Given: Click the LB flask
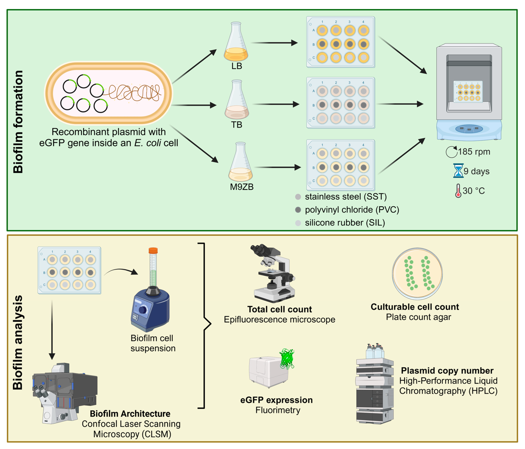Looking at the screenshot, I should pos(236,43).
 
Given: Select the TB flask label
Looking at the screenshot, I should pos(236,125).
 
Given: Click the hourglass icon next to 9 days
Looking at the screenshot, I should pos(458,171).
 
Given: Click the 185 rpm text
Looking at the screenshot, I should pos(474,152).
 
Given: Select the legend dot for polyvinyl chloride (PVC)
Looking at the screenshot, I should pos(298,210).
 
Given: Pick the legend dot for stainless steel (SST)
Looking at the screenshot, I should pos(298,197).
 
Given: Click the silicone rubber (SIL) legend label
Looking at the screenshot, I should pos(345,223).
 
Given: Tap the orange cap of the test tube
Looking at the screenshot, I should pos(153,251).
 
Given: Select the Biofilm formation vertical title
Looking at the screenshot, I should pos(18,122).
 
